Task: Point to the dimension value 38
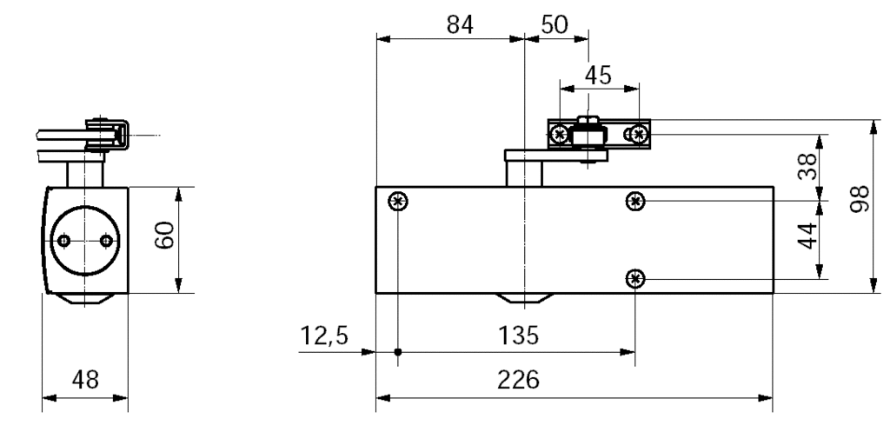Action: [807, 165]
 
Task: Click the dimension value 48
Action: [85, 381]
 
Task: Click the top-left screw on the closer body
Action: [398, 202]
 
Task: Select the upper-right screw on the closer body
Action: [636, 202]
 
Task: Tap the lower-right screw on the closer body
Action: [636, 278]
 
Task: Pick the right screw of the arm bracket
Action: [639, 133]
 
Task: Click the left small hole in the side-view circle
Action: [64, 241]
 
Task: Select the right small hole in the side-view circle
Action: [106, 241]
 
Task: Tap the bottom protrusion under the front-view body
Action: [524, 301]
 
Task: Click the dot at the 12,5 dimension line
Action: [398, 352]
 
